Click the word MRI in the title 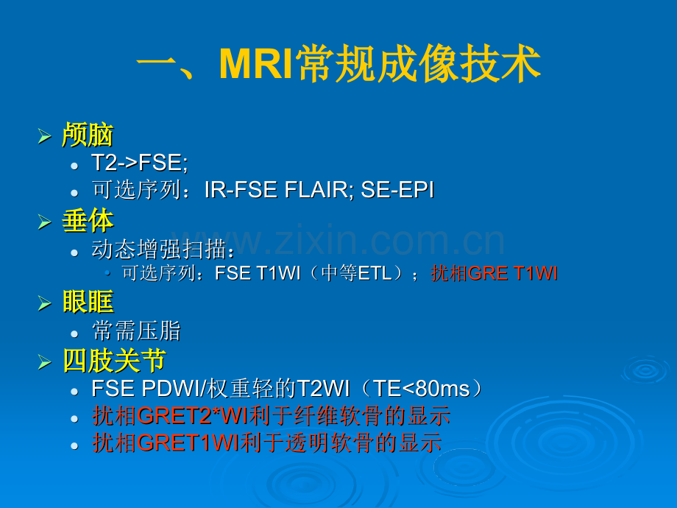click(x=256, y=64)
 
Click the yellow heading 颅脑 click(x=88, y=135)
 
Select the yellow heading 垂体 click(x=88, y=221)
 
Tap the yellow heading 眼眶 click(x=88, y=302)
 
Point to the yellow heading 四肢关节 click(x=114, y=360)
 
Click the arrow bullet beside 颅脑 click(x=44, y=136)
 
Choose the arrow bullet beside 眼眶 click(x=44, y=303)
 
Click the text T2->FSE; click(x=140, y=163)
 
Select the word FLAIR click(x=319, y=190)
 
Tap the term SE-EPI click(x=397, y=190)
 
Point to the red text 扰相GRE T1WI click(x=495, y=273)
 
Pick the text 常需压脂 click(x=136, y=331)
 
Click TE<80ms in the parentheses click(x=421, y=388)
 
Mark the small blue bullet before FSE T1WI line click(x=107, y=273)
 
